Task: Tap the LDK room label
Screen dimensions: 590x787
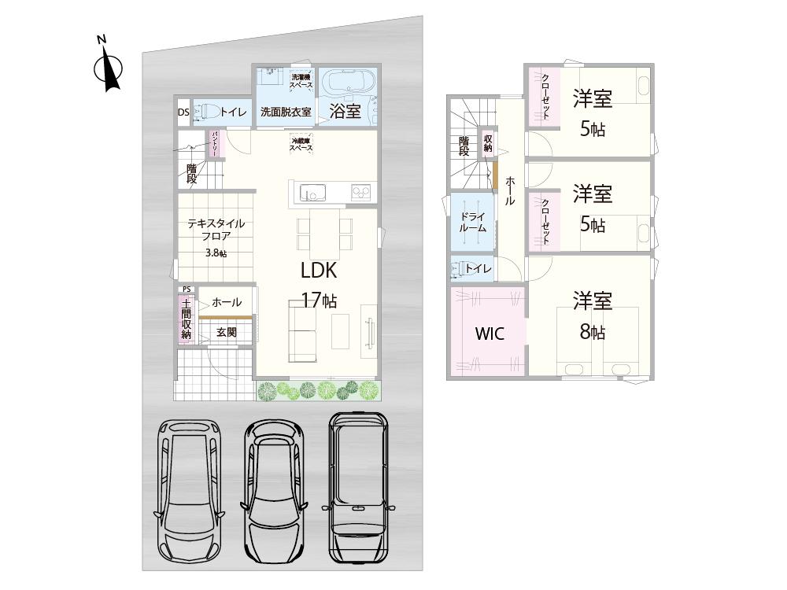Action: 319,271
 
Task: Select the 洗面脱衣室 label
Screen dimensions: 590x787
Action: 286,112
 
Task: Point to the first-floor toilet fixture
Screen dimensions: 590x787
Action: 204,112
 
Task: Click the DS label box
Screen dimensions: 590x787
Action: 183,112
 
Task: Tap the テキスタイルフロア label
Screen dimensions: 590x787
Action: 216,229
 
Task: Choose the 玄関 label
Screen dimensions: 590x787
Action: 227,333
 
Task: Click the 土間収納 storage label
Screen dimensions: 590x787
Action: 186,319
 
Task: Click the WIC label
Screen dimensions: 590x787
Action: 489,334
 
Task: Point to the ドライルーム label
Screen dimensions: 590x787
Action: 472,221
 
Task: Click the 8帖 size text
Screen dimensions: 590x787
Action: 593,332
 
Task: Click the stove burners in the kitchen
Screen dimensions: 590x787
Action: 361,191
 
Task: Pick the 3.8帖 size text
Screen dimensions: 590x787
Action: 216,253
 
